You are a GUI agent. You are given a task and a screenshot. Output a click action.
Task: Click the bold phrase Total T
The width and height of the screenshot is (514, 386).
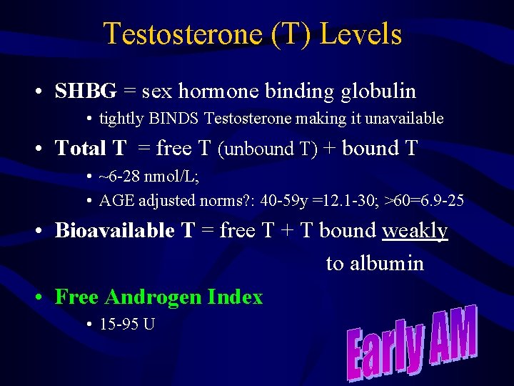[x=91, y=148]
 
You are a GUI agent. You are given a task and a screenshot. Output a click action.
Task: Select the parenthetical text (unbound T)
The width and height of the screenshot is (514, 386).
[x=267, y=149]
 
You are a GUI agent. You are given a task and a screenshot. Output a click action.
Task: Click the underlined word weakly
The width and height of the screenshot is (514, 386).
[x=415, y=230]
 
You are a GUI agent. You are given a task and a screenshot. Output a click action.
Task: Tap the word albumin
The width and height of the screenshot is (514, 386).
[x=375, y=263]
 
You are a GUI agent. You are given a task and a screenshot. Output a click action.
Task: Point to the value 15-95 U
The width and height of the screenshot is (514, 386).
[x=127, y=324]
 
